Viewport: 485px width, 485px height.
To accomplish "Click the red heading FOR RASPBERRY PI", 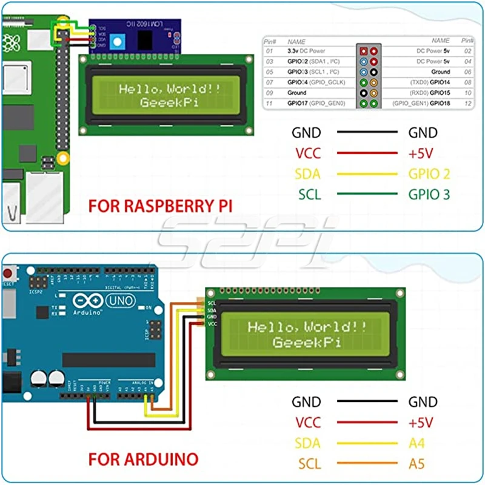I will pos(161,206).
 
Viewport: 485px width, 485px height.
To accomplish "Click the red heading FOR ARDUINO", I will pos(143,458).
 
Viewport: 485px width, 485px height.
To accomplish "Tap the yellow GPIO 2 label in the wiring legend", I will pos(429,175).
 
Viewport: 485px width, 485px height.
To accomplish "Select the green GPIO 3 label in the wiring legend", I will pos(429,195).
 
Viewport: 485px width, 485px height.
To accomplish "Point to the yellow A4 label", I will pos(417,443).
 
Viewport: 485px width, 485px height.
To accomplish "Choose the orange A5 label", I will pos(417,464).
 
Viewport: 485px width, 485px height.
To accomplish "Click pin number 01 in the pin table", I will pos(270,52).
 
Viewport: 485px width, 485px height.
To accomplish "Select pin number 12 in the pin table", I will pos(467,104).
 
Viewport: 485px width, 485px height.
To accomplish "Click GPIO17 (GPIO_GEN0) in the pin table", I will pos(316,104).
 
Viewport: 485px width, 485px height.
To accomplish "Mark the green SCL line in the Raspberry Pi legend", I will pos(367,195).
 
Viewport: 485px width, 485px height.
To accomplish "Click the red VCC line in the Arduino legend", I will pos(367,423).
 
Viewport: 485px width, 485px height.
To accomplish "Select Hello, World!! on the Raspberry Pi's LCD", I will pos(169,89).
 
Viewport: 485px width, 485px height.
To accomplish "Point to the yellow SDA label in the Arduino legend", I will pos(307,443).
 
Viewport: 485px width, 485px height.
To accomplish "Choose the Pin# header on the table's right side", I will pos(467,41).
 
